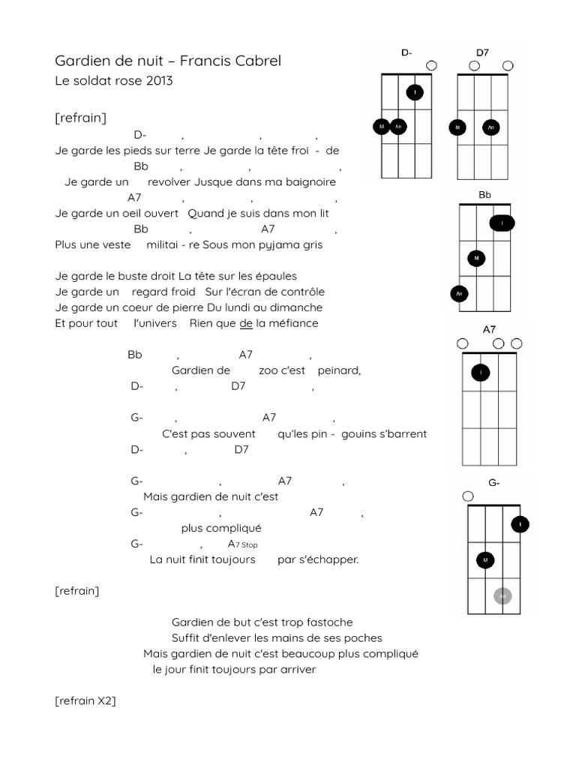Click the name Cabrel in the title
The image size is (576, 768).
259,61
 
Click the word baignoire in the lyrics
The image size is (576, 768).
306,181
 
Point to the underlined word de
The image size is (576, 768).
246,323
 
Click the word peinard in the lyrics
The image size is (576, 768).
339,370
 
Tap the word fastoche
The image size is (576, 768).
327,622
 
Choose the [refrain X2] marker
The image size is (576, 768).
85,701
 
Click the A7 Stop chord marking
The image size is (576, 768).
242,544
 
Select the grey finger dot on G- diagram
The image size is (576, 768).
503,596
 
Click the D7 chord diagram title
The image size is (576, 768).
482,52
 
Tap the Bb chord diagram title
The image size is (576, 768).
484,195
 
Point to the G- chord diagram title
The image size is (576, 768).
494,483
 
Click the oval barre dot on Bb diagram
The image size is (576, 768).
502,223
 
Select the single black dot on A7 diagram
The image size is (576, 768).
480,372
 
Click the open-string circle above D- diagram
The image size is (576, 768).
432,66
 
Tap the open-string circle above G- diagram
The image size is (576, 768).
469,496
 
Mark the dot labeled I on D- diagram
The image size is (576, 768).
415,93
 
